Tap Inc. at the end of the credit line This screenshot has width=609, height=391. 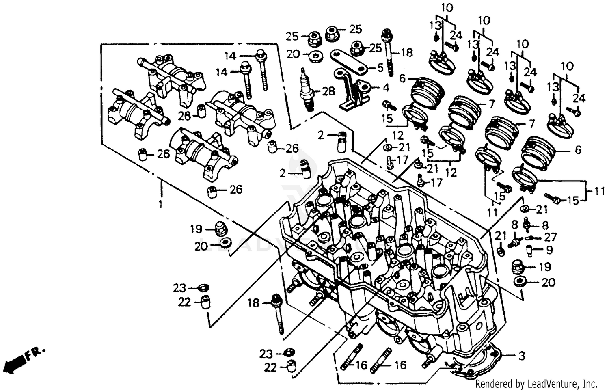pyautogui.click(x=590, y=383)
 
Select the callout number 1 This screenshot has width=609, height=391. pyautogui.click(x=160, y=204)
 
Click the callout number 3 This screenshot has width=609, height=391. pyautogui.click(x=522, y=356)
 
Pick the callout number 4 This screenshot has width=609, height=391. pyautogui.click(x=385, y=87)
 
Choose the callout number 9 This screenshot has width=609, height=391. pyautogui.click(x=549, y=250)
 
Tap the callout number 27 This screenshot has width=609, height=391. pyautogui.click(x=551, y=237)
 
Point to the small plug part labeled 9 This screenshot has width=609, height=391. pyautogui.click(x=529, y=250)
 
